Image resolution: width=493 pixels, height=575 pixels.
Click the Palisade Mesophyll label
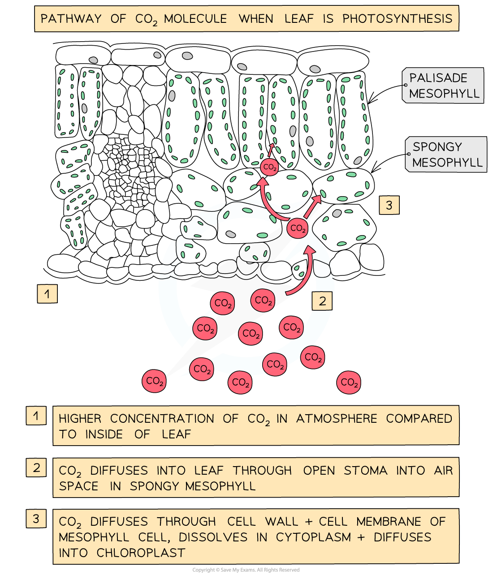click(x=444, y=86)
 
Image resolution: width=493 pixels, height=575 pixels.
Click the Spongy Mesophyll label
click(x=446, y=154)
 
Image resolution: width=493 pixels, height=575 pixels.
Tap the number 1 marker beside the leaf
click(x=47, y=294)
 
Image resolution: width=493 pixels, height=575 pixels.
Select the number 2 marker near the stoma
click(x=323, y=301)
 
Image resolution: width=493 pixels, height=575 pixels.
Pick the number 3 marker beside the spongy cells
click(x=389, y=206)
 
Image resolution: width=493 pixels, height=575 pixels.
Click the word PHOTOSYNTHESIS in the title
click(x=397, y=19)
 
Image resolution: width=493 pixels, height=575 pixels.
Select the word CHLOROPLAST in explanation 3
click(x=141, y=553)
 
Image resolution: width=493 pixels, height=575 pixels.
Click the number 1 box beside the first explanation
click(x=36, y=416)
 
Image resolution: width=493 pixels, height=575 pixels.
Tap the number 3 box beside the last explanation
click(x=36, y=519)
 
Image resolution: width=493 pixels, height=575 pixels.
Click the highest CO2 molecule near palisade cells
click(x=269, y=167)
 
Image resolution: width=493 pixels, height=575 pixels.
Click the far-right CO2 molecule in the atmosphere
click(x=349, y=382)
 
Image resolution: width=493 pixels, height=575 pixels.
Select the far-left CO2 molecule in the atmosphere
click(x=154, y=381)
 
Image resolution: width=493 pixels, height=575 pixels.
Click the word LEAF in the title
click(x=299, y=19)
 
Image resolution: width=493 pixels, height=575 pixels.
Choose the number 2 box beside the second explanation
click(x=36, y=468)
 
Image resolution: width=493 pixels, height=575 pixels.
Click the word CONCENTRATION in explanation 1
click(x=162, y=419)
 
